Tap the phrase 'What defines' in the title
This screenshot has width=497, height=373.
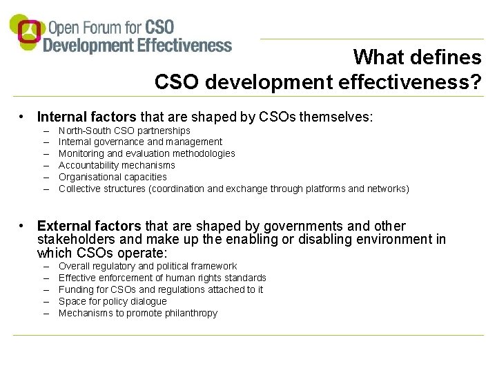tap(417, 57)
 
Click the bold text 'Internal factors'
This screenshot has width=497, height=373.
tap(87, 117)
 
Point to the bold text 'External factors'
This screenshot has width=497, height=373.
tap(88, 226)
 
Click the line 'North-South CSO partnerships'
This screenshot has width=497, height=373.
tap(124, 131)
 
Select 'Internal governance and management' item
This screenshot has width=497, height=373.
tap(140, 142)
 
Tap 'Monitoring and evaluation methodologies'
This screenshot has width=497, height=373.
tap(146, 153)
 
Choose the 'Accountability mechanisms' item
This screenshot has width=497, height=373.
tap(117, 165)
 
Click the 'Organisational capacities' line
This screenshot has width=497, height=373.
tap(113, 177)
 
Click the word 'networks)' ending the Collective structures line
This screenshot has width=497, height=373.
tap(388, 189)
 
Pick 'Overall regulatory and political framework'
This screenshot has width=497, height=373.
tap(147, 266)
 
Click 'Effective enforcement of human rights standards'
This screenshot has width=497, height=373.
tap(162, 278)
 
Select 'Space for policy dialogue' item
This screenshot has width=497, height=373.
tap(113, 301)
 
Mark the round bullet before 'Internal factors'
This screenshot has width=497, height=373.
tap(23, 117)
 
